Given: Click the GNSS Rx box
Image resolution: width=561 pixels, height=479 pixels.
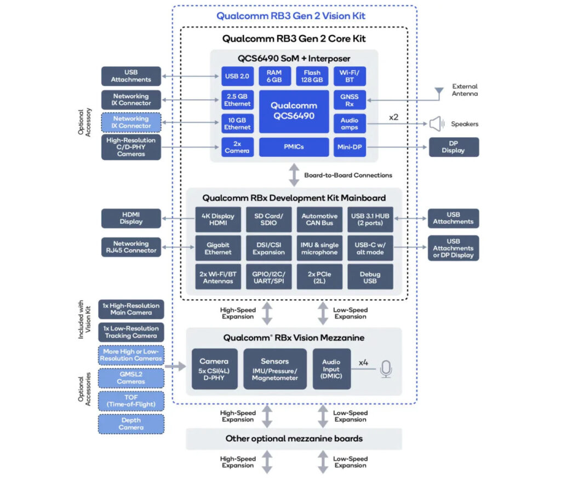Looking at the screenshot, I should pyautogui.click(x=350, y=100).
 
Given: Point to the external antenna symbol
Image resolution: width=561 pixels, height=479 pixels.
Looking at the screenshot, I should pyautogui.click(x=438, y=93).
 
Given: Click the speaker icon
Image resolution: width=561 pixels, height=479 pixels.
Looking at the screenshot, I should pyautogui.click(x=436, y=124).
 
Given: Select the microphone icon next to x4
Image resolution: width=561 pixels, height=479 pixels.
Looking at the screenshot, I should pyautogui.click(x=386, y=369).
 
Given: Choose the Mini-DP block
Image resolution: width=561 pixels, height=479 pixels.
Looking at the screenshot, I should pyautogui.click(x=350, y=147).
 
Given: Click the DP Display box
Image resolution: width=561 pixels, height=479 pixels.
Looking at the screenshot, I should pyautogui.click(x=453, y=147).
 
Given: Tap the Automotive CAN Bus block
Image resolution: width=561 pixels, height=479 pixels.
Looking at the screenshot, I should pyautogui.click(x=319, y=220).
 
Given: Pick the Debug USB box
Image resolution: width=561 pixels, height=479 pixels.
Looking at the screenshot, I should pyautogui.click(x=370, y=277).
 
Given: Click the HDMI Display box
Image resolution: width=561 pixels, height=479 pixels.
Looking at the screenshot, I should pyautogui.click(x=131, y=218).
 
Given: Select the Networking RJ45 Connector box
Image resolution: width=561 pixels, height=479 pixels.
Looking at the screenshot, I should pyautogui.click(x=131, y=247).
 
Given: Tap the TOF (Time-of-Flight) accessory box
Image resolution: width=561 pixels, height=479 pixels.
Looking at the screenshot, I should pyautogui.click(x=131, y=401).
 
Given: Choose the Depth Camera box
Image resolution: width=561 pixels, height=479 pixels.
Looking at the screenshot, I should pyautogui.click(x=131, y=424).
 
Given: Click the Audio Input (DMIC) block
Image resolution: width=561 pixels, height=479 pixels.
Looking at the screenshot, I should pyautogui.click(x=331, y=369).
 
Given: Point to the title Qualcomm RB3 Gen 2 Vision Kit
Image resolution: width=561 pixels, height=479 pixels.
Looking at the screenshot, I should pyautogui.click(x=290, y=16).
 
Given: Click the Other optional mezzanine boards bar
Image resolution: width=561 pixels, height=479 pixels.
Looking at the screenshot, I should pyautogui.click(x=294, y=438).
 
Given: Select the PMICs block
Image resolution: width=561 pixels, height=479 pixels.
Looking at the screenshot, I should pyautogui.click(x=294, y=147).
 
